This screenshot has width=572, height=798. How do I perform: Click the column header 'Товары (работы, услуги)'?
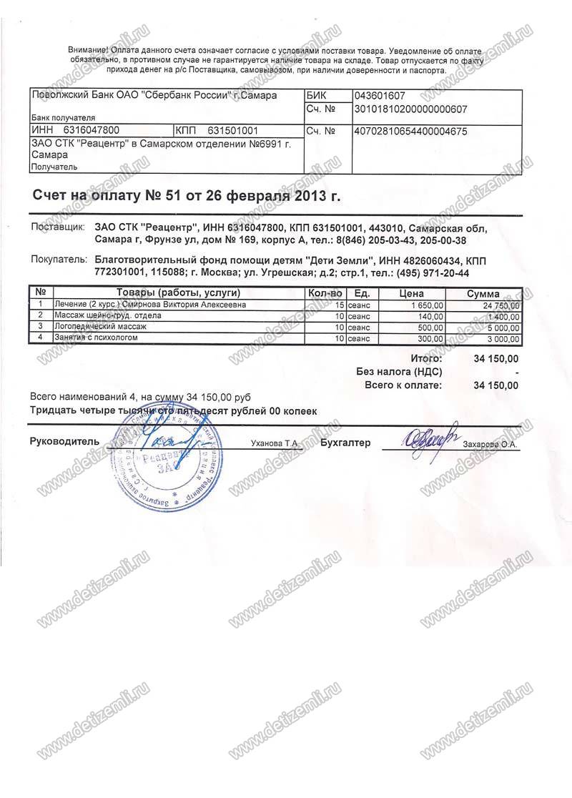click(178, 293)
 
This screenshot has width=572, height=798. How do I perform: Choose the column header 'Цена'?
click(411, 293)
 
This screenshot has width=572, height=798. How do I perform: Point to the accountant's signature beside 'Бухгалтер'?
click(430, 438)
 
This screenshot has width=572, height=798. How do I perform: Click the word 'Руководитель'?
click(64, 442)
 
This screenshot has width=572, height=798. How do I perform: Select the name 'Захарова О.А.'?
click(493, 444)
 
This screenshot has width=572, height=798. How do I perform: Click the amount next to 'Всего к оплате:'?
click(495, 385)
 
